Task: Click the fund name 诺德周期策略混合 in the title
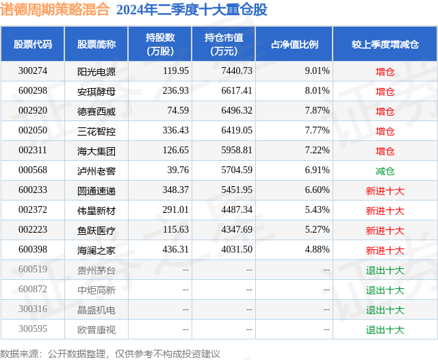[56, 10]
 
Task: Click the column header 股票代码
[32, 44]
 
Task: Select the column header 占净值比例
[299, 44]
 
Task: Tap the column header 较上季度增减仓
[385, 44]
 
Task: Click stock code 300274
[33, 71]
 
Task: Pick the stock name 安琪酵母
[96, 91]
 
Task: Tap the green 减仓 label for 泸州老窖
[385, 170]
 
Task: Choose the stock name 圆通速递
[96, 190]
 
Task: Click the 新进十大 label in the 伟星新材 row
[385, 210]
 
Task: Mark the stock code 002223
[33, 231]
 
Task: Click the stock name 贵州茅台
[96, 270]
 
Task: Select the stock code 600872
[33, 290]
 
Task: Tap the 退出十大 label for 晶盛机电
[385, 310]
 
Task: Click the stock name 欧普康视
[96, 330]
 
